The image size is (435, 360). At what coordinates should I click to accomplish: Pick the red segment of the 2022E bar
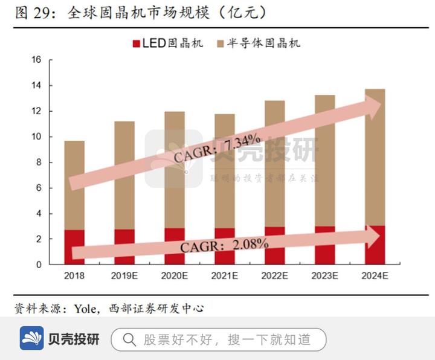(x=275, y=257)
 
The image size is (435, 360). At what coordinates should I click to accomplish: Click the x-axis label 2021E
(x=225, y=275)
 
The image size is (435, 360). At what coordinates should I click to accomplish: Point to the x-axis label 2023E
(x=325, y=275)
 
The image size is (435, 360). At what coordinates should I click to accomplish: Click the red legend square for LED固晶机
(x=135, y=43)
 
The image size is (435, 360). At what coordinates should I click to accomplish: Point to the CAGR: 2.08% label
(x=224, y=245)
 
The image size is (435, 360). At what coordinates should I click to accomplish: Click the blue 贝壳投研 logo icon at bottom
(x=31, y=339)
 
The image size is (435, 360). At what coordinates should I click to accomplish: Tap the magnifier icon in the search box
(x=129, y=339)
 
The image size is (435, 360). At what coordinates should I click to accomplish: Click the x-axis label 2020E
(x=175, y=275)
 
